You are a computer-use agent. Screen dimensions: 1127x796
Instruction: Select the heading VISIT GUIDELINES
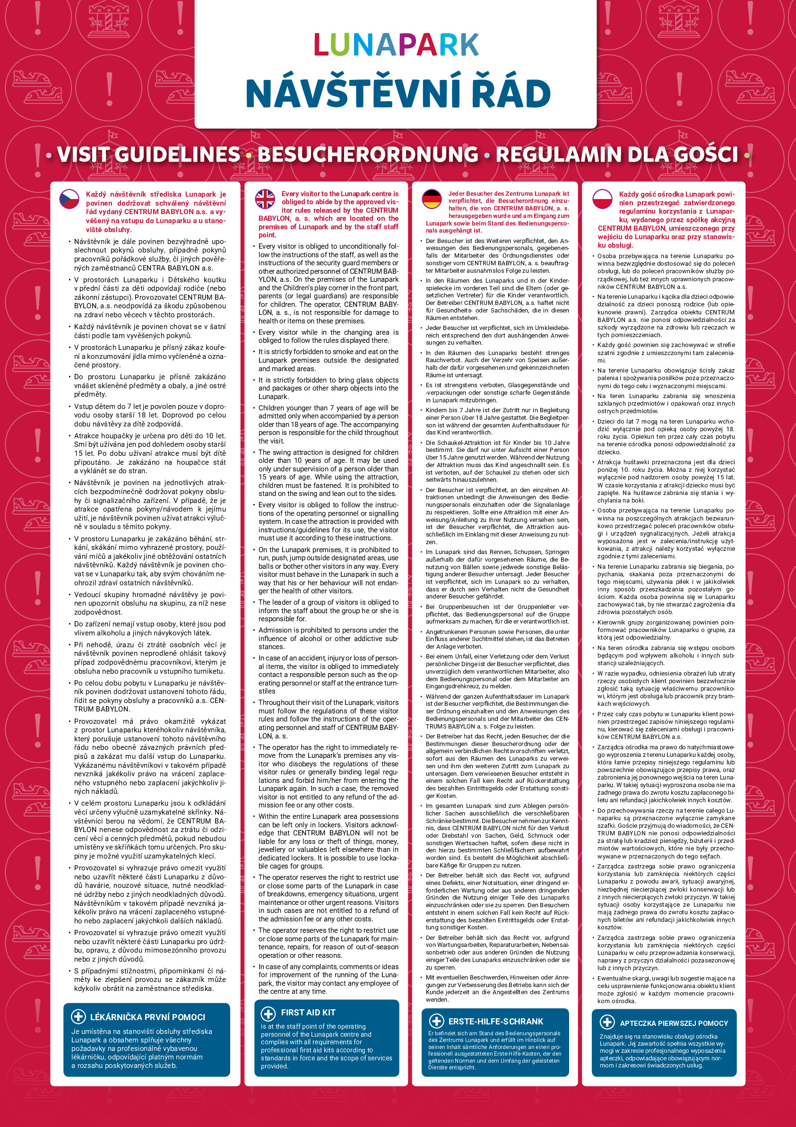click(149, 155)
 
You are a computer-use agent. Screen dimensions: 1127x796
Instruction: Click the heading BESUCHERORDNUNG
click(368, 155)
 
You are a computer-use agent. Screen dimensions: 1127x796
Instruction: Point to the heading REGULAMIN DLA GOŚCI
click(616, 155)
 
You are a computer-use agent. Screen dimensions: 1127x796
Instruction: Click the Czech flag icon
click(69, 199)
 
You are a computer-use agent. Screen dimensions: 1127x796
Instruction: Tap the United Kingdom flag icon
click(265, 199)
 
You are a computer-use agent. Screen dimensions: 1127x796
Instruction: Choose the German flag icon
click(432, 199)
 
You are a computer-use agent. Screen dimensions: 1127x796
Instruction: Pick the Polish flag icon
click(602, 199)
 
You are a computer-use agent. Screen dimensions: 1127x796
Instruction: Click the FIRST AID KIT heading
click(308, 1012)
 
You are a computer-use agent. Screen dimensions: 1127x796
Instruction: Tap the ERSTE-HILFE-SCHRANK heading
click(496, 1022)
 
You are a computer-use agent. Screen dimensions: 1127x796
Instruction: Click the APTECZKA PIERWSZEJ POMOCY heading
click(674, 1023)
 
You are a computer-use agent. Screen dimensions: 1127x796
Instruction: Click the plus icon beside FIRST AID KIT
click(268, 1012)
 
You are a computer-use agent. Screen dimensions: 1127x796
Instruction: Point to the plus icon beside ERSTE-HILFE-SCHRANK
click(436, 1021)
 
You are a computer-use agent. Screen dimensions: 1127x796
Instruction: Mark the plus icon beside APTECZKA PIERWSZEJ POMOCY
click(607, 1023)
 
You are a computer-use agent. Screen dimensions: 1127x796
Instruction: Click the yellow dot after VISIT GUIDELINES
click(249, 156)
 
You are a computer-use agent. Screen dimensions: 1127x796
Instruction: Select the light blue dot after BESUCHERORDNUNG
click(487, 156)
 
